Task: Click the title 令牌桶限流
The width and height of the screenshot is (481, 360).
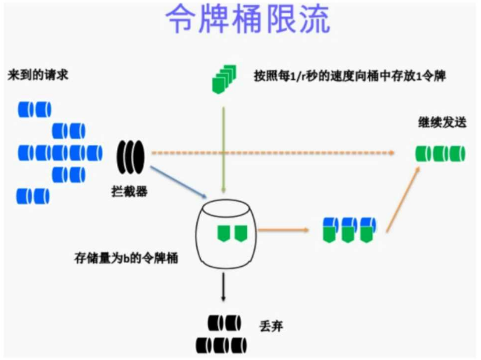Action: pyautogui.click(x=248, y=21)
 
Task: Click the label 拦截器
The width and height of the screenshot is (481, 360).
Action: pyautogui.click(x=130, y=192)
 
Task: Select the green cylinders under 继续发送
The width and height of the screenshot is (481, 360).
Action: pyautogui.click(x=440, y=154)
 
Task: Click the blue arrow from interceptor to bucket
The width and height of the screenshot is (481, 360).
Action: pyautogui.click(x=178, y=181)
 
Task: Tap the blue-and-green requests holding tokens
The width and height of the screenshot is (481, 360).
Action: pyautogui.click(x=349, y=229)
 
